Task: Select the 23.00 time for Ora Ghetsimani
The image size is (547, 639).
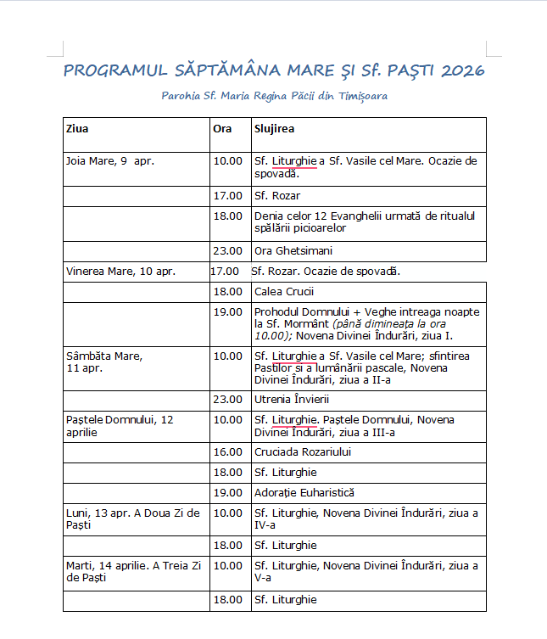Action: (227, 250)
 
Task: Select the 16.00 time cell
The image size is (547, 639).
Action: (227, 451)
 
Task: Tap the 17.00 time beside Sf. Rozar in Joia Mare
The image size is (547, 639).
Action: (227, 195)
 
